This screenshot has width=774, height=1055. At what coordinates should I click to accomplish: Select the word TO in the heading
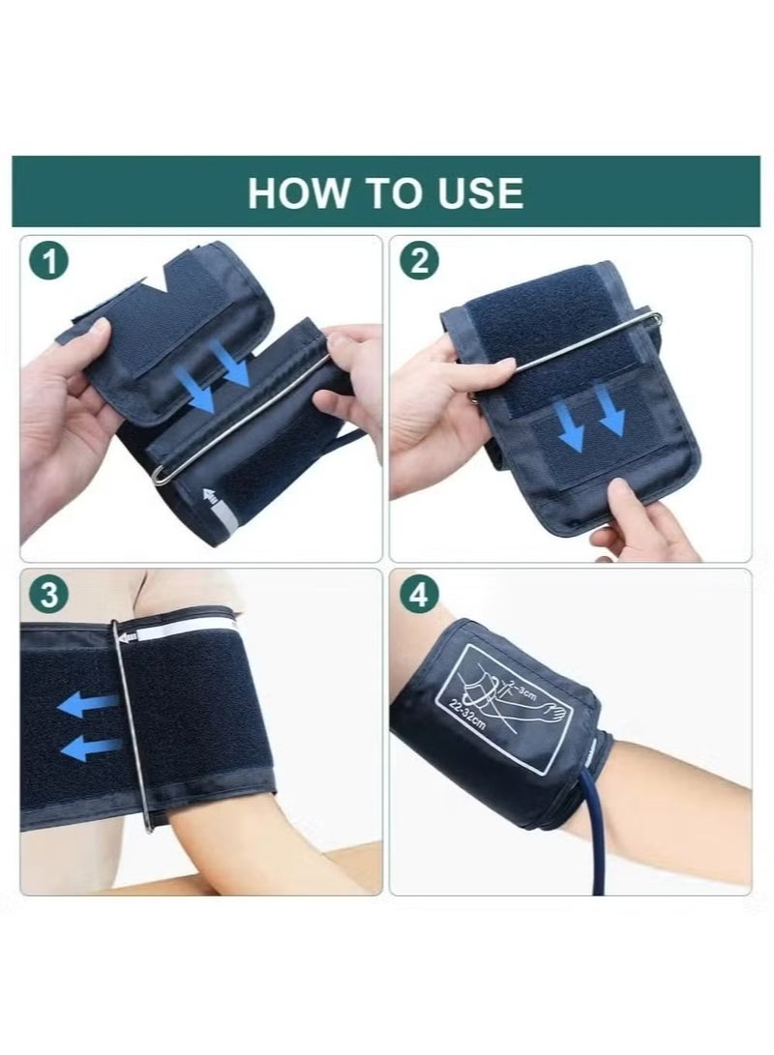point(388,192)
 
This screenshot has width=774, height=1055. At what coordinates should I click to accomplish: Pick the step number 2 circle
point(417,262)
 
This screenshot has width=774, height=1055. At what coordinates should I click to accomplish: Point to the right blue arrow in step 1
point(234,368)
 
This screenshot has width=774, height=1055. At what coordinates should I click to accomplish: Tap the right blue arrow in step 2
point(611,410)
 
